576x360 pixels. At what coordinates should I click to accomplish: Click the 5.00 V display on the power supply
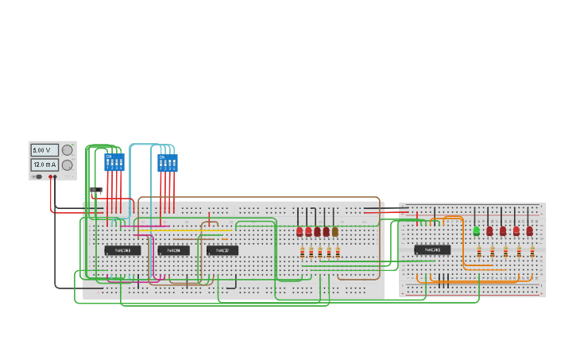[44, 149]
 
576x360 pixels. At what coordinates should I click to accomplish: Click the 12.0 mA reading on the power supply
[44, 165]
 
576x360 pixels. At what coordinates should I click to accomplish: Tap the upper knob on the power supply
[68, 149]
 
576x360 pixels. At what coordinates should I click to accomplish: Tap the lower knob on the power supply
[68, 165]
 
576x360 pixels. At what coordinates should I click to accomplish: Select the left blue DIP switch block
[114, 162]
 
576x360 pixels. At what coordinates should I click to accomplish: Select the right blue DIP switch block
[168, 163]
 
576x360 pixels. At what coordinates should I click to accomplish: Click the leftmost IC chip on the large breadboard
[122, 250]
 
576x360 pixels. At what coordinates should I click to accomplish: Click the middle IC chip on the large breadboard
[173, 250]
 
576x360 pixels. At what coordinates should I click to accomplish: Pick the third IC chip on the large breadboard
[222, 250]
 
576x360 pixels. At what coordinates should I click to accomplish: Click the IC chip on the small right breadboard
[432, 250]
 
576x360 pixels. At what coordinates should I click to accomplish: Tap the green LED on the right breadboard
[476, 230]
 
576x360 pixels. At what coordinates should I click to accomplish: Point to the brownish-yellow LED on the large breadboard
[335, 231]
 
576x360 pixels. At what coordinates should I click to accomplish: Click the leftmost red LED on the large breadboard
[300, 231]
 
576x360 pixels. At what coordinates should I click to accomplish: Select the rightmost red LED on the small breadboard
[529, 230]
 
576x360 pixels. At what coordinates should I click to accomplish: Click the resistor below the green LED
[479, 251]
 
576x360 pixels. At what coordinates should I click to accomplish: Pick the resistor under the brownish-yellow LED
[338, 253]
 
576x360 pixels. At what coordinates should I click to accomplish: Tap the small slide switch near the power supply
[96, 190]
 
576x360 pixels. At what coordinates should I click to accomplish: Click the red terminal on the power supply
[54, 176]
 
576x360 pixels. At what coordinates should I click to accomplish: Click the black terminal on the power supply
[49, 176]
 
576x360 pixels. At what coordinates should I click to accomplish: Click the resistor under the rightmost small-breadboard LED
[532, 251]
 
